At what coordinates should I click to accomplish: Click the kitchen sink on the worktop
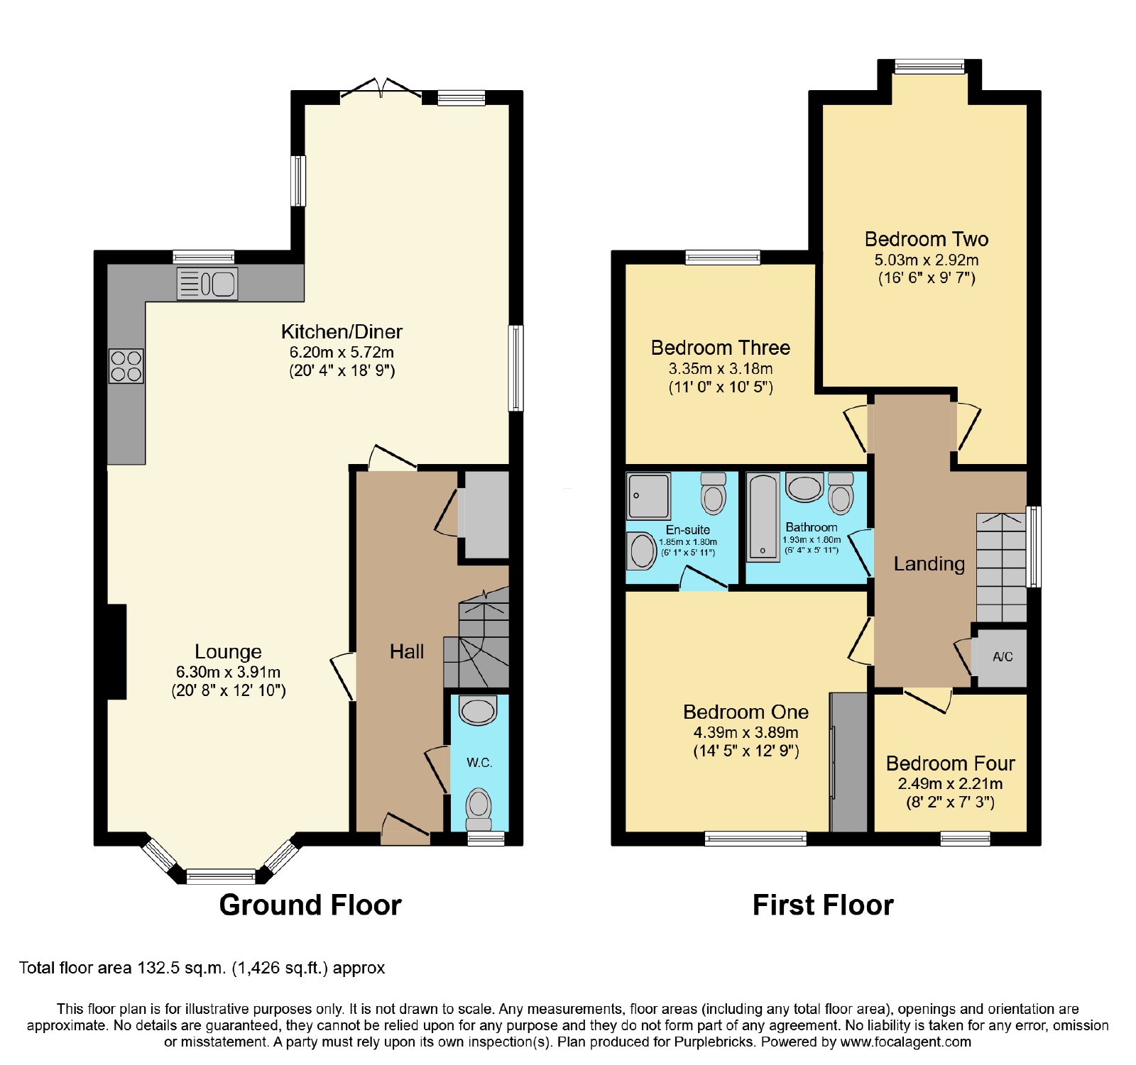[x=207, y=284]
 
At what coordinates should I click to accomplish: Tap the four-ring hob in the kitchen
[x=126, y=366]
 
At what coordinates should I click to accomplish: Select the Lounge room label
[x=228, y=651]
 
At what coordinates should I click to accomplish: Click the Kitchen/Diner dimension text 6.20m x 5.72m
[x=342, y=352]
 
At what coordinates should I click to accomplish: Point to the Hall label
[x=407, y=651]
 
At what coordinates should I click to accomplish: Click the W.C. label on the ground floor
[x=479, y=763]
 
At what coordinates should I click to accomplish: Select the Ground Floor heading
[x=310, y=905]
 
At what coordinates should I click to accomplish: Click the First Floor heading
[x=823, y=905]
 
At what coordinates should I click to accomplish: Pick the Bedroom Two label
[x=927, y=239]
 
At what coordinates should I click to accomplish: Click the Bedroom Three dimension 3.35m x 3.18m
[x=721, y=369]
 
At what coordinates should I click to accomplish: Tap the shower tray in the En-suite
[x=649, y=496]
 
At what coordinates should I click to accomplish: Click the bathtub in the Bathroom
[x=763, y=517]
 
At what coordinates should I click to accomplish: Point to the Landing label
[x=929, y=564]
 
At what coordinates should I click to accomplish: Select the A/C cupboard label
[x=1003, y=657]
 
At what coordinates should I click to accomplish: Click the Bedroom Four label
[x=951, y=763]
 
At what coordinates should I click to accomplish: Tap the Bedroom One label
[x=745, y=712]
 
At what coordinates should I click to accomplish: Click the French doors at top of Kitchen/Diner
[x=381, y=92]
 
